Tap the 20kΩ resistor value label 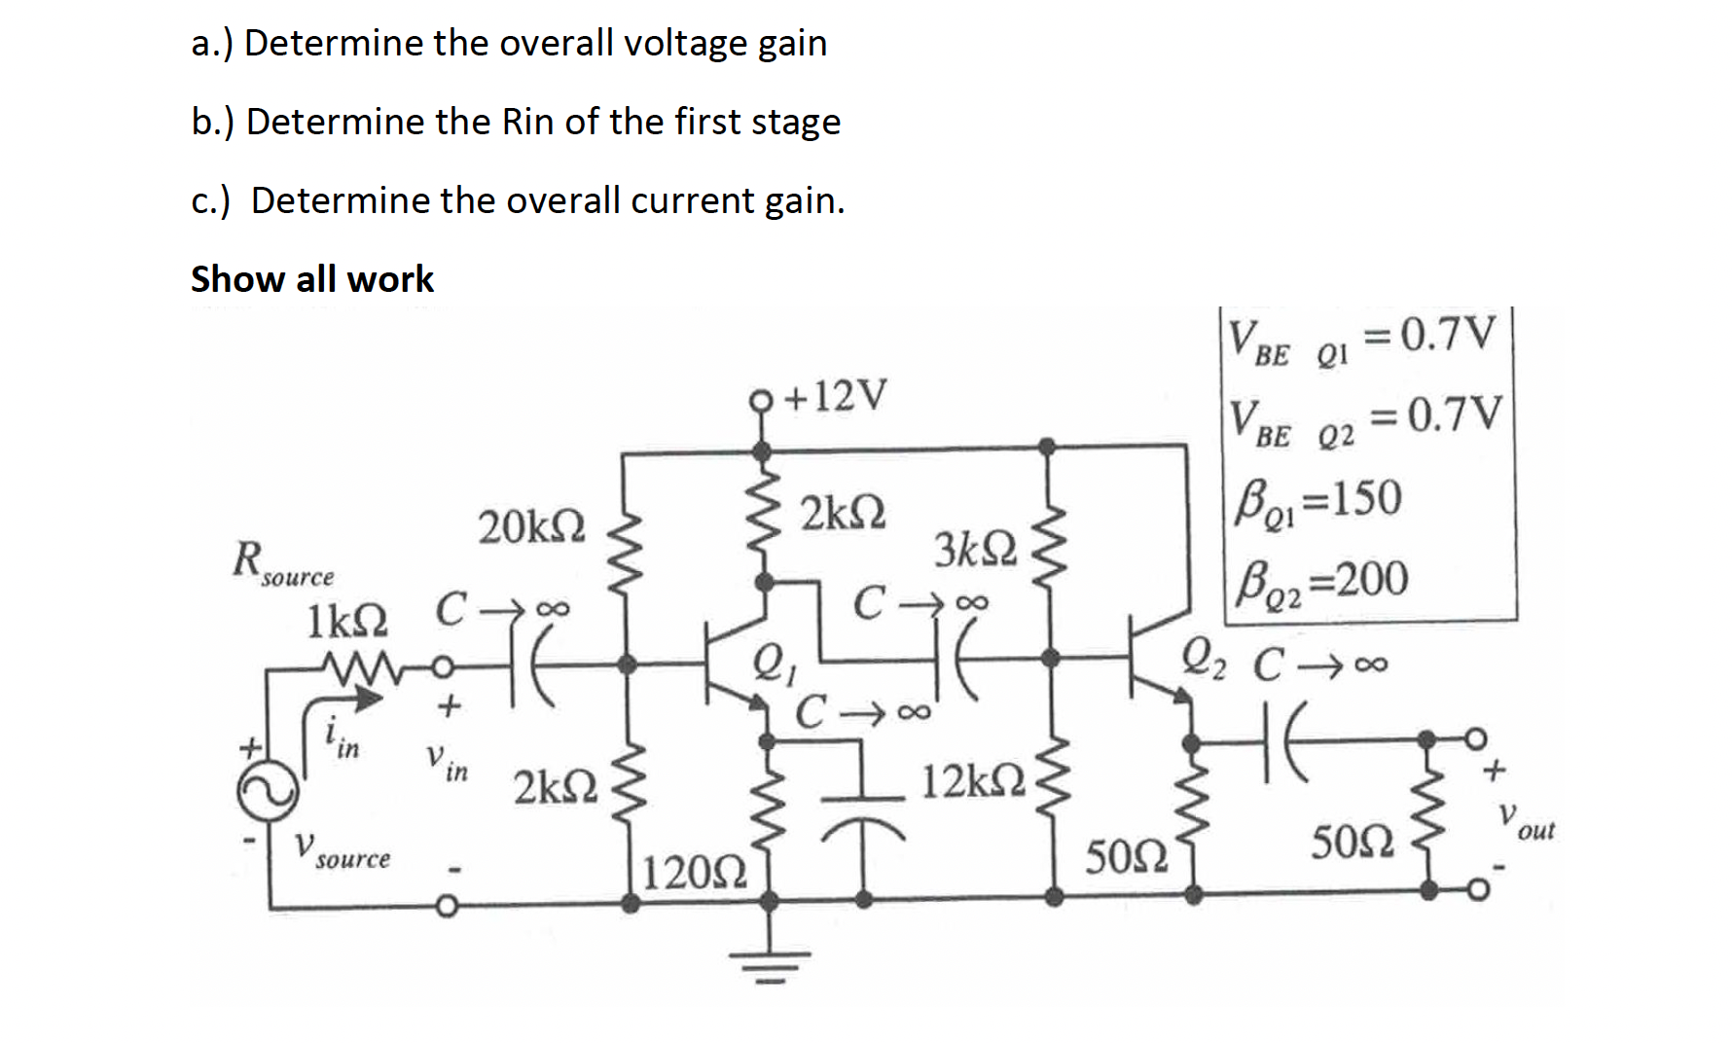(x=531, y=526)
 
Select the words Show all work (x=312, y=279)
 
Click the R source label (x=281, y=565)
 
